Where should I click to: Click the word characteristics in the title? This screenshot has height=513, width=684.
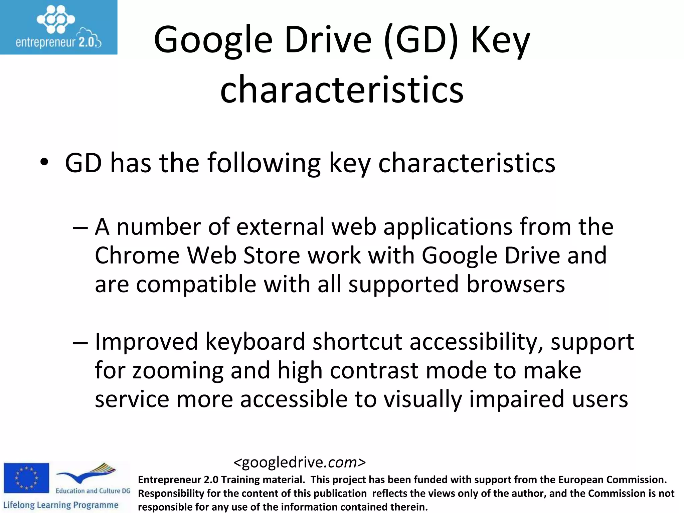coord(342,90)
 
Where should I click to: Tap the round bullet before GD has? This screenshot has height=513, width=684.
coord(44,163)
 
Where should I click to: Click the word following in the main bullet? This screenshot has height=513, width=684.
coord(264,163)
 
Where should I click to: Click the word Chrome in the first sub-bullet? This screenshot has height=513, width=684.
coord(137,255)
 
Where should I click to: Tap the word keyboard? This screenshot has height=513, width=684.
coord(255,342)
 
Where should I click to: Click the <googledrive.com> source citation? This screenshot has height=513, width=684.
coord(300,463)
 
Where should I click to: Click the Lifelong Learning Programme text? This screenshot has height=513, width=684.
coord(60,505)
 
